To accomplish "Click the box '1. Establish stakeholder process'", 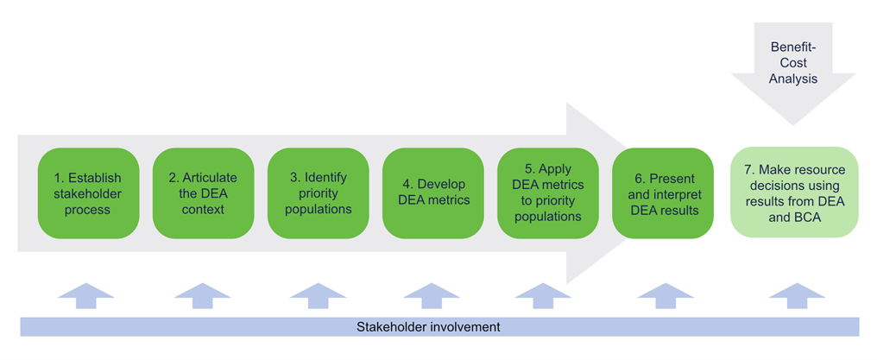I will [x=88, y=193].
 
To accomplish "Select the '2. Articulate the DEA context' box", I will [x=203, y=193].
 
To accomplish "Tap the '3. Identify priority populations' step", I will [x=319, y=193].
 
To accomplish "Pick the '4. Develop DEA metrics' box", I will [x=433, y=193].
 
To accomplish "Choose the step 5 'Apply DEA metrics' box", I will [x=548, y=193].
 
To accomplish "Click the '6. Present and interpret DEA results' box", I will [x=663, y=193].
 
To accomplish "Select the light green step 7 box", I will [x=794, y=193].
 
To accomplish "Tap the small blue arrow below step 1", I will [x=86, y=295].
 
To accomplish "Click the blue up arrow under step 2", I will [x=202, y=295].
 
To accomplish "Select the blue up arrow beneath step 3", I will [x=318, y=295].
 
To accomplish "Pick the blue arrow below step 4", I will [x=432, y=295].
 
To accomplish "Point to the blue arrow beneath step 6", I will [x=662, y=295].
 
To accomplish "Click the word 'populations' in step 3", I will [x=319, y=209].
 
